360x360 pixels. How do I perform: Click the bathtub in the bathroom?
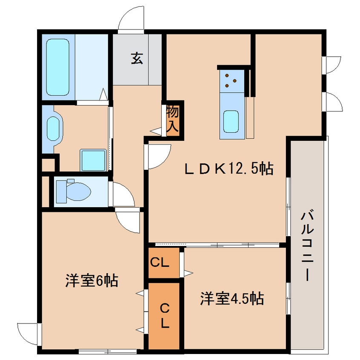(x=57, y=67)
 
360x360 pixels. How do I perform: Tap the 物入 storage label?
(x=172, y=119)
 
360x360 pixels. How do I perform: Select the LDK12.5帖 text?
(x=228, y=169)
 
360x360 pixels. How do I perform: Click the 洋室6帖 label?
(x=91, y=280)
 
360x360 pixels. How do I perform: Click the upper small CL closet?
(x=163, y=263)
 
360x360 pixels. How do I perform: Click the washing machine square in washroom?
(x=93, y=160)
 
